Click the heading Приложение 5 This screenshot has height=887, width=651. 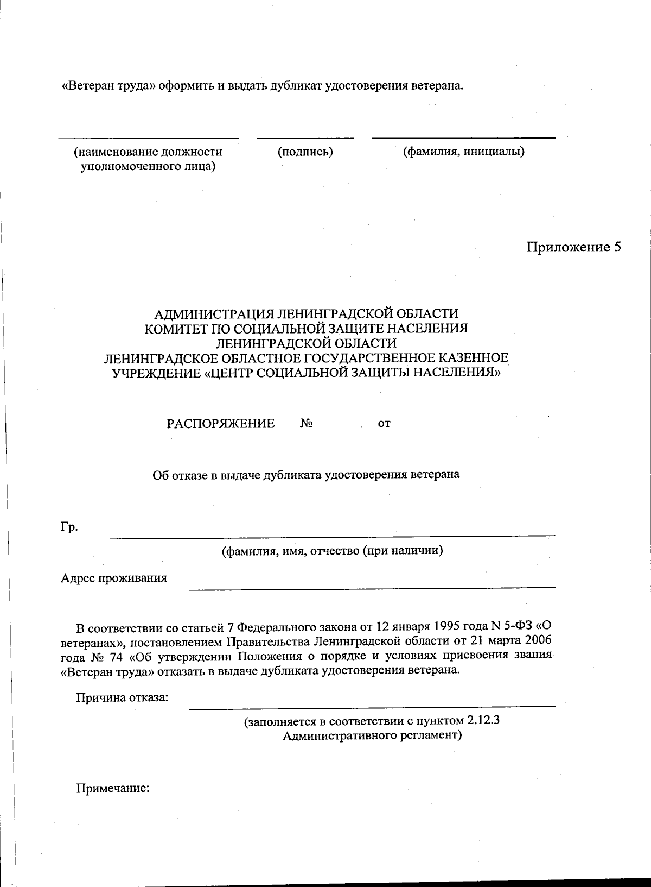click(573, 248)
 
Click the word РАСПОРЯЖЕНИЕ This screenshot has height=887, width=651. click(220, 424)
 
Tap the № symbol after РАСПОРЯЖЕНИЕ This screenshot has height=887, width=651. click(307, 424)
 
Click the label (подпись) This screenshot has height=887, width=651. click(305, 152)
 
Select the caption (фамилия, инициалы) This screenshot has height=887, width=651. click(463, 152)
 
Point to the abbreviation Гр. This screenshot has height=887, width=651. click(69, 526)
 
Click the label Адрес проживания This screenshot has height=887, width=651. click(113, 578)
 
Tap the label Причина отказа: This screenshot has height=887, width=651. click(122, 697)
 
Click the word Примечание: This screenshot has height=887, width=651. click(112, 788)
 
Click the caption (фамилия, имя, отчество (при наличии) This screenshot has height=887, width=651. click(333, 551)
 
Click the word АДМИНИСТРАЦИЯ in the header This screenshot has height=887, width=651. click(214, 314)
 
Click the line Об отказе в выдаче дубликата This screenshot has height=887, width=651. click(305, 475)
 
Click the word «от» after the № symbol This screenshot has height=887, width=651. click(384, 424)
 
